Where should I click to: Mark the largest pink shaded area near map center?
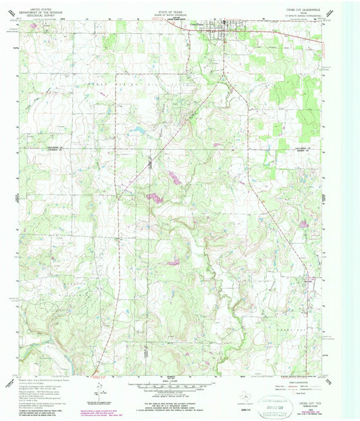tap(153, 198)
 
